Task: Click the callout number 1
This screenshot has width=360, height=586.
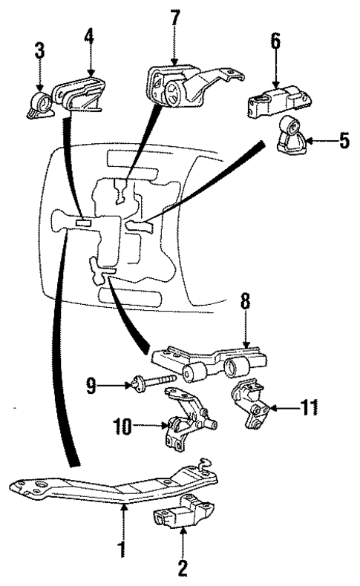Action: pos(122,550)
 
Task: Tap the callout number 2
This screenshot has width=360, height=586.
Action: pos(182,567)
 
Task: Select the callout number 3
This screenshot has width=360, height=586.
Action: pos(39,51)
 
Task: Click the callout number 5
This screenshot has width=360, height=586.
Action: pos(344,139)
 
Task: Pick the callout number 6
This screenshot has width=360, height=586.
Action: pos(275,42)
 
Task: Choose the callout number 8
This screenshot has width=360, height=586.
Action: pos(244,305)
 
